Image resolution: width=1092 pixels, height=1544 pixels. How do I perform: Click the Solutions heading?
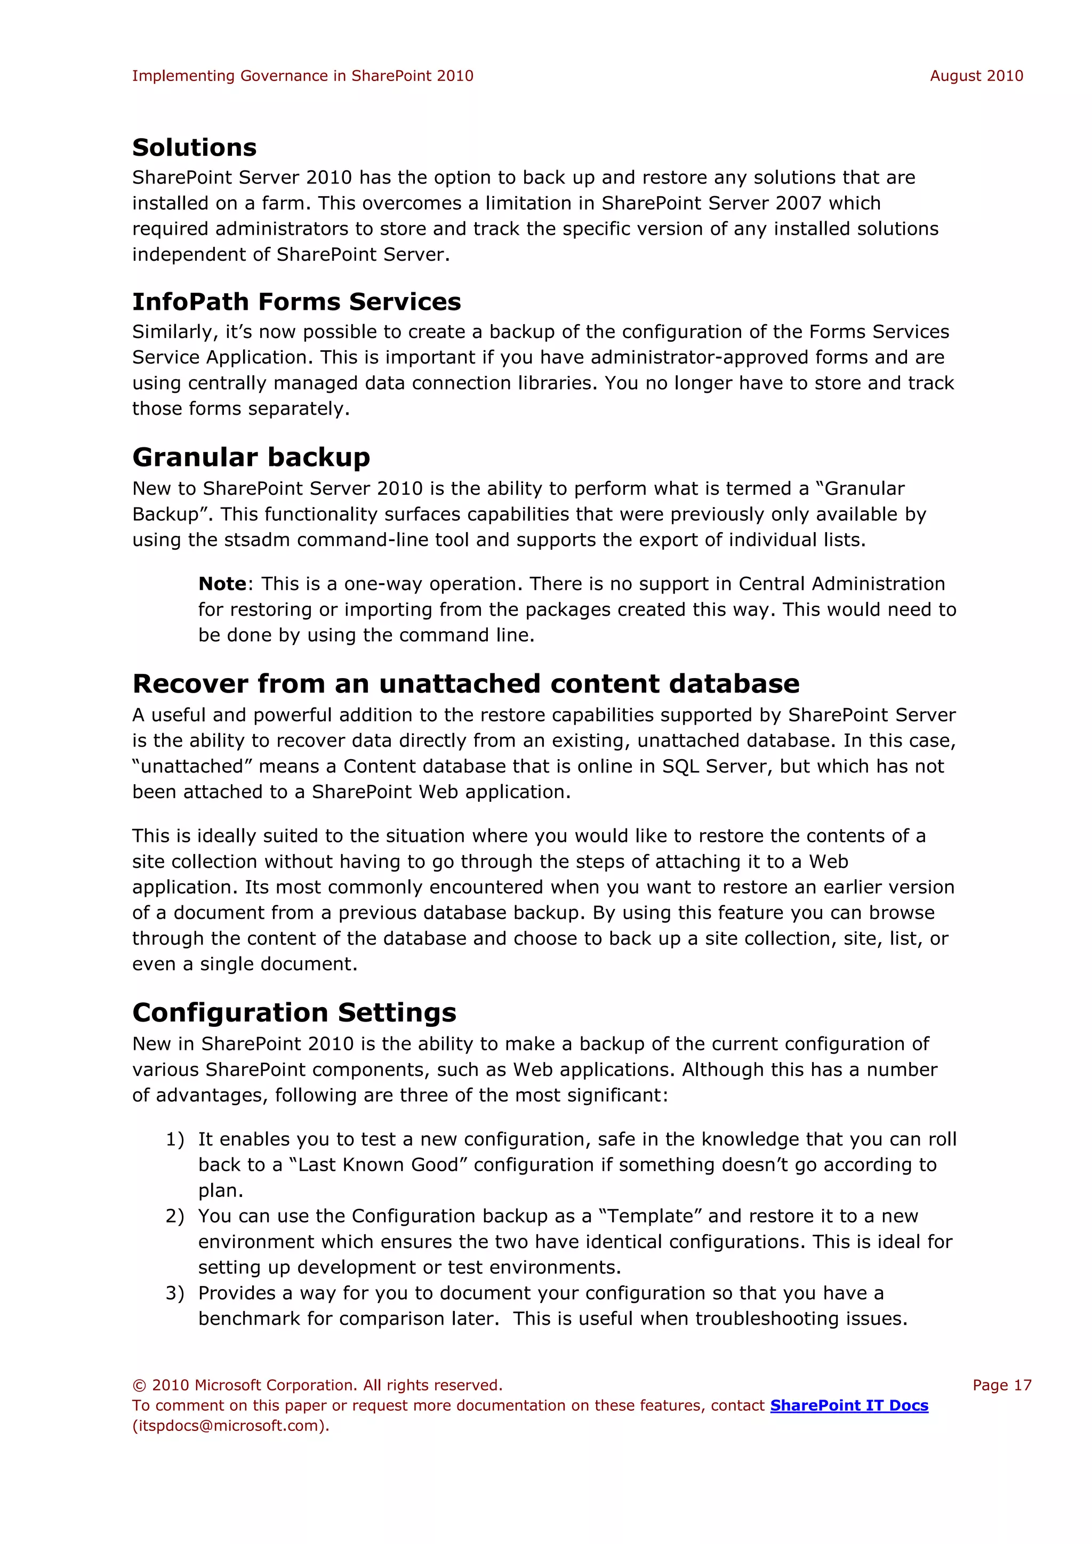click(194, 147)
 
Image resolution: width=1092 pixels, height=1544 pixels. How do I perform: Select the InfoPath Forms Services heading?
click(296, 302)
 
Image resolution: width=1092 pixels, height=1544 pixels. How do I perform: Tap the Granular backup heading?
click(251, 457)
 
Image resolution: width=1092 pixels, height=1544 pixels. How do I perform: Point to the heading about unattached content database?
click(465, 684)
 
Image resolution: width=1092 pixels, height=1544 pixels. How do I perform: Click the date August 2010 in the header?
click(976, 76)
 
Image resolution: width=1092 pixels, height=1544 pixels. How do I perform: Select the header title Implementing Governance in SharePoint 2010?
click(302, 76)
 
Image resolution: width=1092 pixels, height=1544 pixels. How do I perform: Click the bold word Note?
click(222, 584)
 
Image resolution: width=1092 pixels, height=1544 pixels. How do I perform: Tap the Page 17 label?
click(1001, 1385)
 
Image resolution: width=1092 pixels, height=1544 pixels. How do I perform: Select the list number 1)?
click(175, 1140)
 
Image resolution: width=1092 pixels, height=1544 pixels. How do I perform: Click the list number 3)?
click(175, 1293)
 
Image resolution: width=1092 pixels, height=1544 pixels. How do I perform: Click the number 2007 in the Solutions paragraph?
click(798, 203)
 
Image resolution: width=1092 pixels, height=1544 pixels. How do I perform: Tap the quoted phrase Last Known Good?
click(377, 1165)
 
